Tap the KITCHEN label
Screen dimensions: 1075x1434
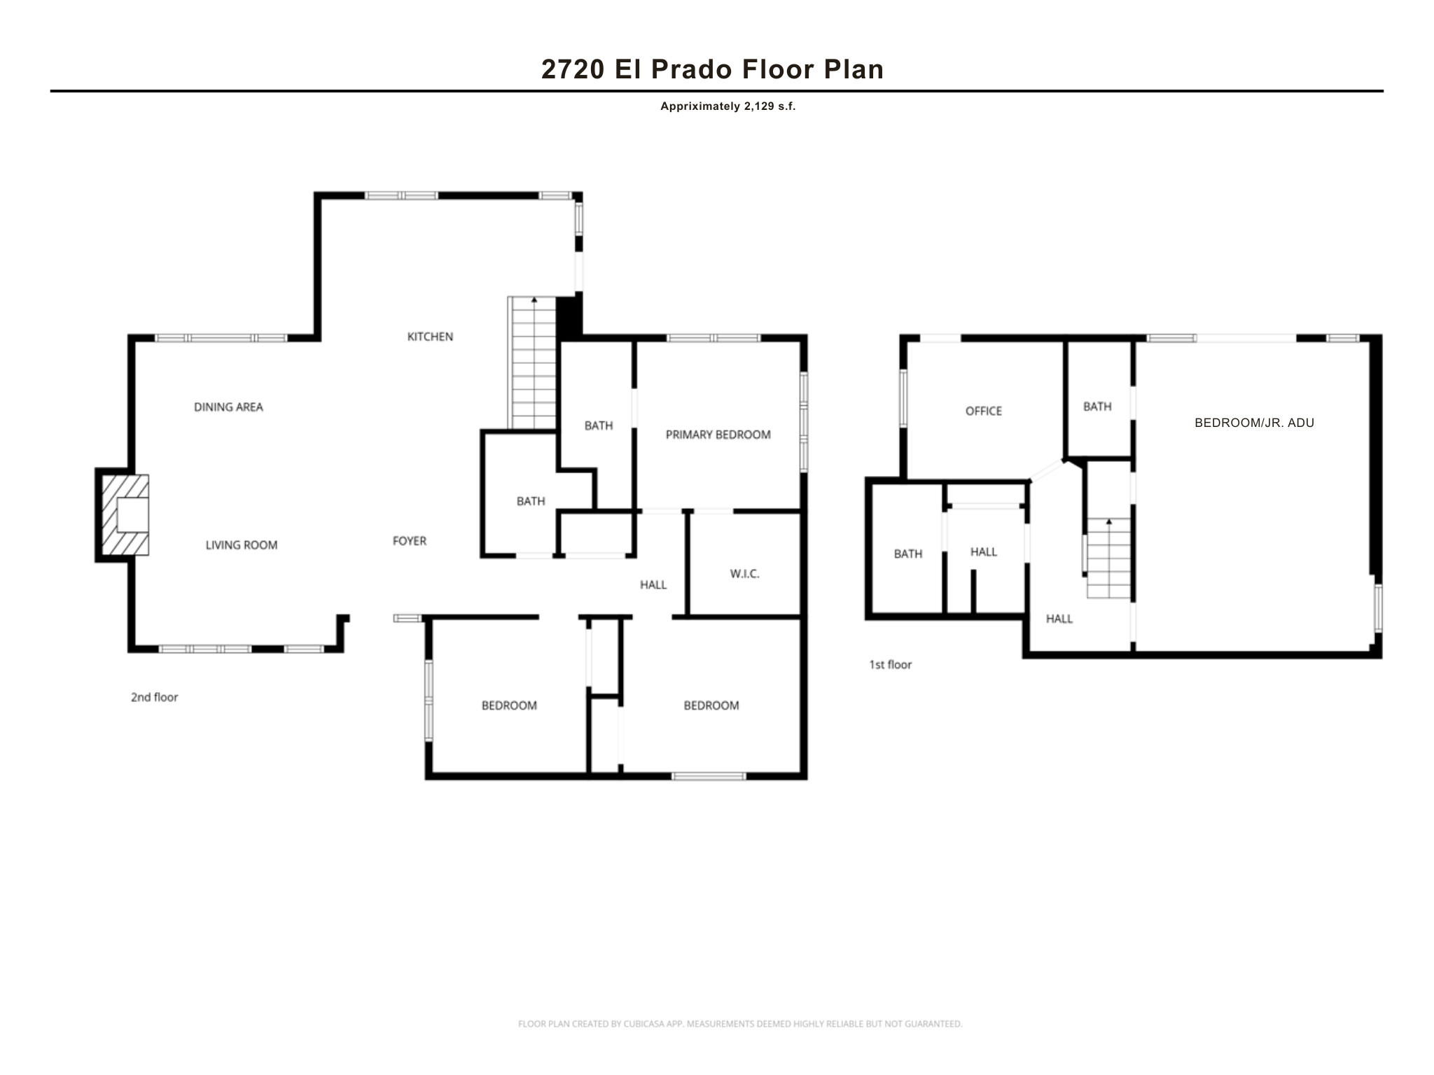click(x=430, y=337)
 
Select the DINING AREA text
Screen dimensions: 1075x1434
click(x=228, y=407)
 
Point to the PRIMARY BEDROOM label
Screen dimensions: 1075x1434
click(x=718, y=435)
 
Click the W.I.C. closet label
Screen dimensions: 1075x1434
click(x=744, y=574)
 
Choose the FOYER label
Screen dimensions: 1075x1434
click(x=409, y=541)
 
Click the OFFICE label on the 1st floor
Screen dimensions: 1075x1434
click(x=983, y=411)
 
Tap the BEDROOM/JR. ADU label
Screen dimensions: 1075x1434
click(x=1253, y=423)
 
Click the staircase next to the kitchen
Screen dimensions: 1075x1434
click(x=534, y=363)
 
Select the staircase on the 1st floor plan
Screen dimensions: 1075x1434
click(x=1108, y=558)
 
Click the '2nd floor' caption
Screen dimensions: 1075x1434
click(x=154, y=697)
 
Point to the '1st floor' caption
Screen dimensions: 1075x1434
click(x=890, y=665)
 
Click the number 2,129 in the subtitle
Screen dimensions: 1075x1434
click(x=754, y=107)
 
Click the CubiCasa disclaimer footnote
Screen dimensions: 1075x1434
click(x=740, y=1024)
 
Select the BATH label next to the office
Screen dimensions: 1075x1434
click(x=1097, y=407)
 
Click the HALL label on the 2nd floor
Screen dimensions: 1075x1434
click(x=653, y=585)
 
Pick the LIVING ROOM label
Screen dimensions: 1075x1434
click(x=241, y=545)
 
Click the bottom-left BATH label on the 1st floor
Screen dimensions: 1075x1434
click(x=907, y=554)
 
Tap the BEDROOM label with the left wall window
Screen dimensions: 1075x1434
click(x=509, y=705)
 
